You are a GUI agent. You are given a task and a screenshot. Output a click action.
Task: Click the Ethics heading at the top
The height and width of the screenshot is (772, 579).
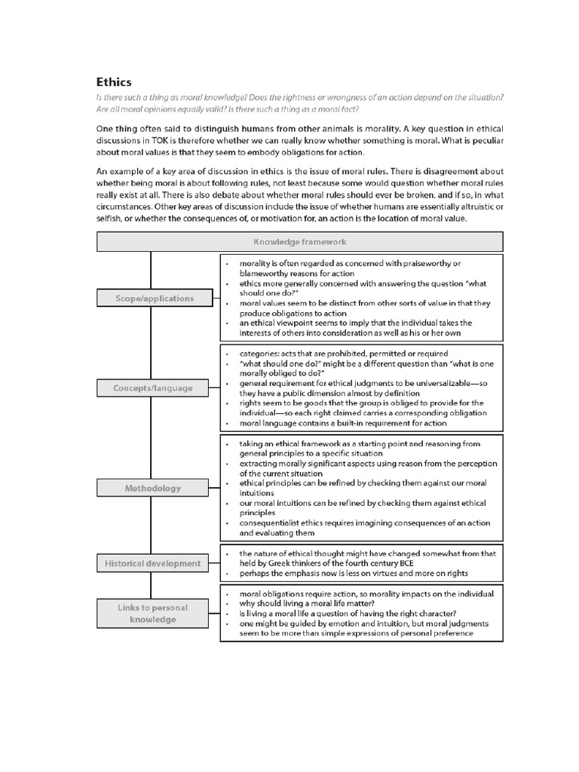click(113, 81)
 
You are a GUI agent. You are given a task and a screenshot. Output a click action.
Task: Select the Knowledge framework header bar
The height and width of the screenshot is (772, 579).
click(299, 242)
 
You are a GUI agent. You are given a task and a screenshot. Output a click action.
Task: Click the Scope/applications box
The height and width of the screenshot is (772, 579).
click(154, 298)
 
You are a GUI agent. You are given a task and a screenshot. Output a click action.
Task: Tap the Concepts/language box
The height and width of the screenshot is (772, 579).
click(152, 388)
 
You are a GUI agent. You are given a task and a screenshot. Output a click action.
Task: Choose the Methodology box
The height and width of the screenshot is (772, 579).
click(152, 488)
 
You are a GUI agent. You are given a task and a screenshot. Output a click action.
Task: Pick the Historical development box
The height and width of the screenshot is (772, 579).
click(152, 563)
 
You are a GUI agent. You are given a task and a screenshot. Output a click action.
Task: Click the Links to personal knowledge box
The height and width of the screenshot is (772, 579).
click(152, 613)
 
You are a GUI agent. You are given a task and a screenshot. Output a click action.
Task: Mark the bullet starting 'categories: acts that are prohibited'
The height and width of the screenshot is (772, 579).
click(343, 353)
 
